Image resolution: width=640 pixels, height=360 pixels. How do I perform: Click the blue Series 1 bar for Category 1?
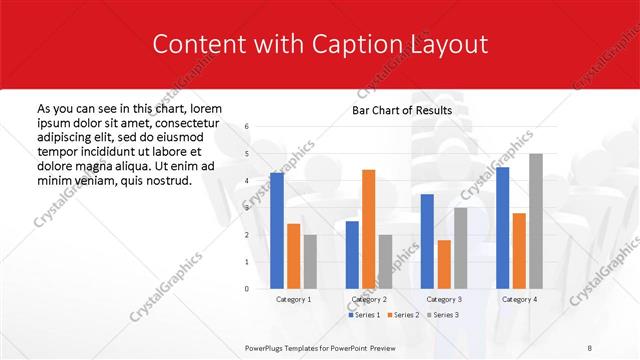pos(277,230)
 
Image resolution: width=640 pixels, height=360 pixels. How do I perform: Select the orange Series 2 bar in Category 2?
pos(368,229)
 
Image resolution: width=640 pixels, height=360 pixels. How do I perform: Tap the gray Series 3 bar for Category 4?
pos(536,221)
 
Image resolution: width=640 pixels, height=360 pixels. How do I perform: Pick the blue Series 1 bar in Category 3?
pos(427,241)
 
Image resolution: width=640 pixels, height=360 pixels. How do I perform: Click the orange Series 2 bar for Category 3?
pos(444,264)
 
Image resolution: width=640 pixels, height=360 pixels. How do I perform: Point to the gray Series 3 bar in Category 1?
pos(310,261)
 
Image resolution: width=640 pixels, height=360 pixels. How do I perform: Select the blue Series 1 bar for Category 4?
pos(502,227)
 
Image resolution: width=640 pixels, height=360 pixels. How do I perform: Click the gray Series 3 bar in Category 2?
pos(385,261)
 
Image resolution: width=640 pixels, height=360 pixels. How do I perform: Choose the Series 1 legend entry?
pos(364,315)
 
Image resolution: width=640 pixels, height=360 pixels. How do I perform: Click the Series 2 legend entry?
pos(402,315)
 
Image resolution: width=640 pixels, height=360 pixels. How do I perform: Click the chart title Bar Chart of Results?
pos(402,110)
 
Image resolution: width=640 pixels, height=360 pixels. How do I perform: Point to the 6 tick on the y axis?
pos(247,127)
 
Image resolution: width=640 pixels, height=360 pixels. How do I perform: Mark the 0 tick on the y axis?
pos(247,289)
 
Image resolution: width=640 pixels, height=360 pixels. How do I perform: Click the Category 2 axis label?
pos(368,299)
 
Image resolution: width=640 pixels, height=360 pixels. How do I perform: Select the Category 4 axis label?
pos(518,299)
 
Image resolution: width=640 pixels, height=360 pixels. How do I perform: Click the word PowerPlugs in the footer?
pos(268,347)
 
